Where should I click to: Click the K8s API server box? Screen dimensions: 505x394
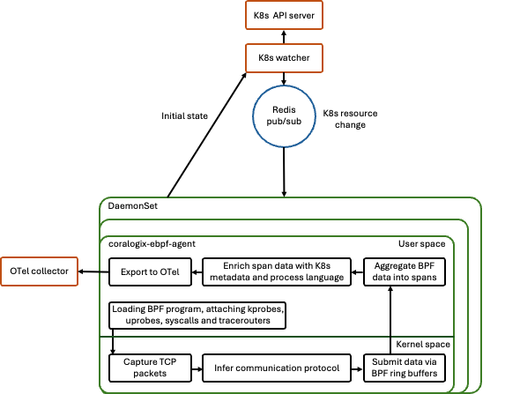point(284,15)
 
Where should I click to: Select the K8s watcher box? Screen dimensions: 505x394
point(284,58)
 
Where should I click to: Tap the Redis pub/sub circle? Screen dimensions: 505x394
point(284,116)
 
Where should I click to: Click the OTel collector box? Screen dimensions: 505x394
point(40,271)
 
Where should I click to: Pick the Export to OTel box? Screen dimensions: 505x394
point(150,271)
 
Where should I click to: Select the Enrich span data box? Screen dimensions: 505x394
point(277,271)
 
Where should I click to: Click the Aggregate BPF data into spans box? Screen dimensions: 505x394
point(405,271)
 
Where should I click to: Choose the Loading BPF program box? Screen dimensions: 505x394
point(197,315)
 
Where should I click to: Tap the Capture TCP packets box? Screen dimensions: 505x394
point(150,368)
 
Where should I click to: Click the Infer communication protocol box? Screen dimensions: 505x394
point(277,368)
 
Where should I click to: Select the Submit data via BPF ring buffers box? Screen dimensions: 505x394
point(405,368)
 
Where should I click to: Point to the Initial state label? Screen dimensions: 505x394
point(184,116)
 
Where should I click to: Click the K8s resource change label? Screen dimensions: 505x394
point(350,119)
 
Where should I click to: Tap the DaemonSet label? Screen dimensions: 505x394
point(133,206)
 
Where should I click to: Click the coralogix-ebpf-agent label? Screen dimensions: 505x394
point(152,244)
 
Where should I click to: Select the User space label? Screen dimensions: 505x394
point(422,244)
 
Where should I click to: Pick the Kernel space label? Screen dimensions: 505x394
point(423,344)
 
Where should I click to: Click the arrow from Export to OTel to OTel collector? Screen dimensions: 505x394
point(93,271)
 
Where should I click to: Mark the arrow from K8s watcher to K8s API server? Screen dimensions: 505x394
point(284,37)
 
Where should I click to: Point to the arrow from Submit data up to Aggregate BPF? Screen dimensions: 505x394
point(390,320)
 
